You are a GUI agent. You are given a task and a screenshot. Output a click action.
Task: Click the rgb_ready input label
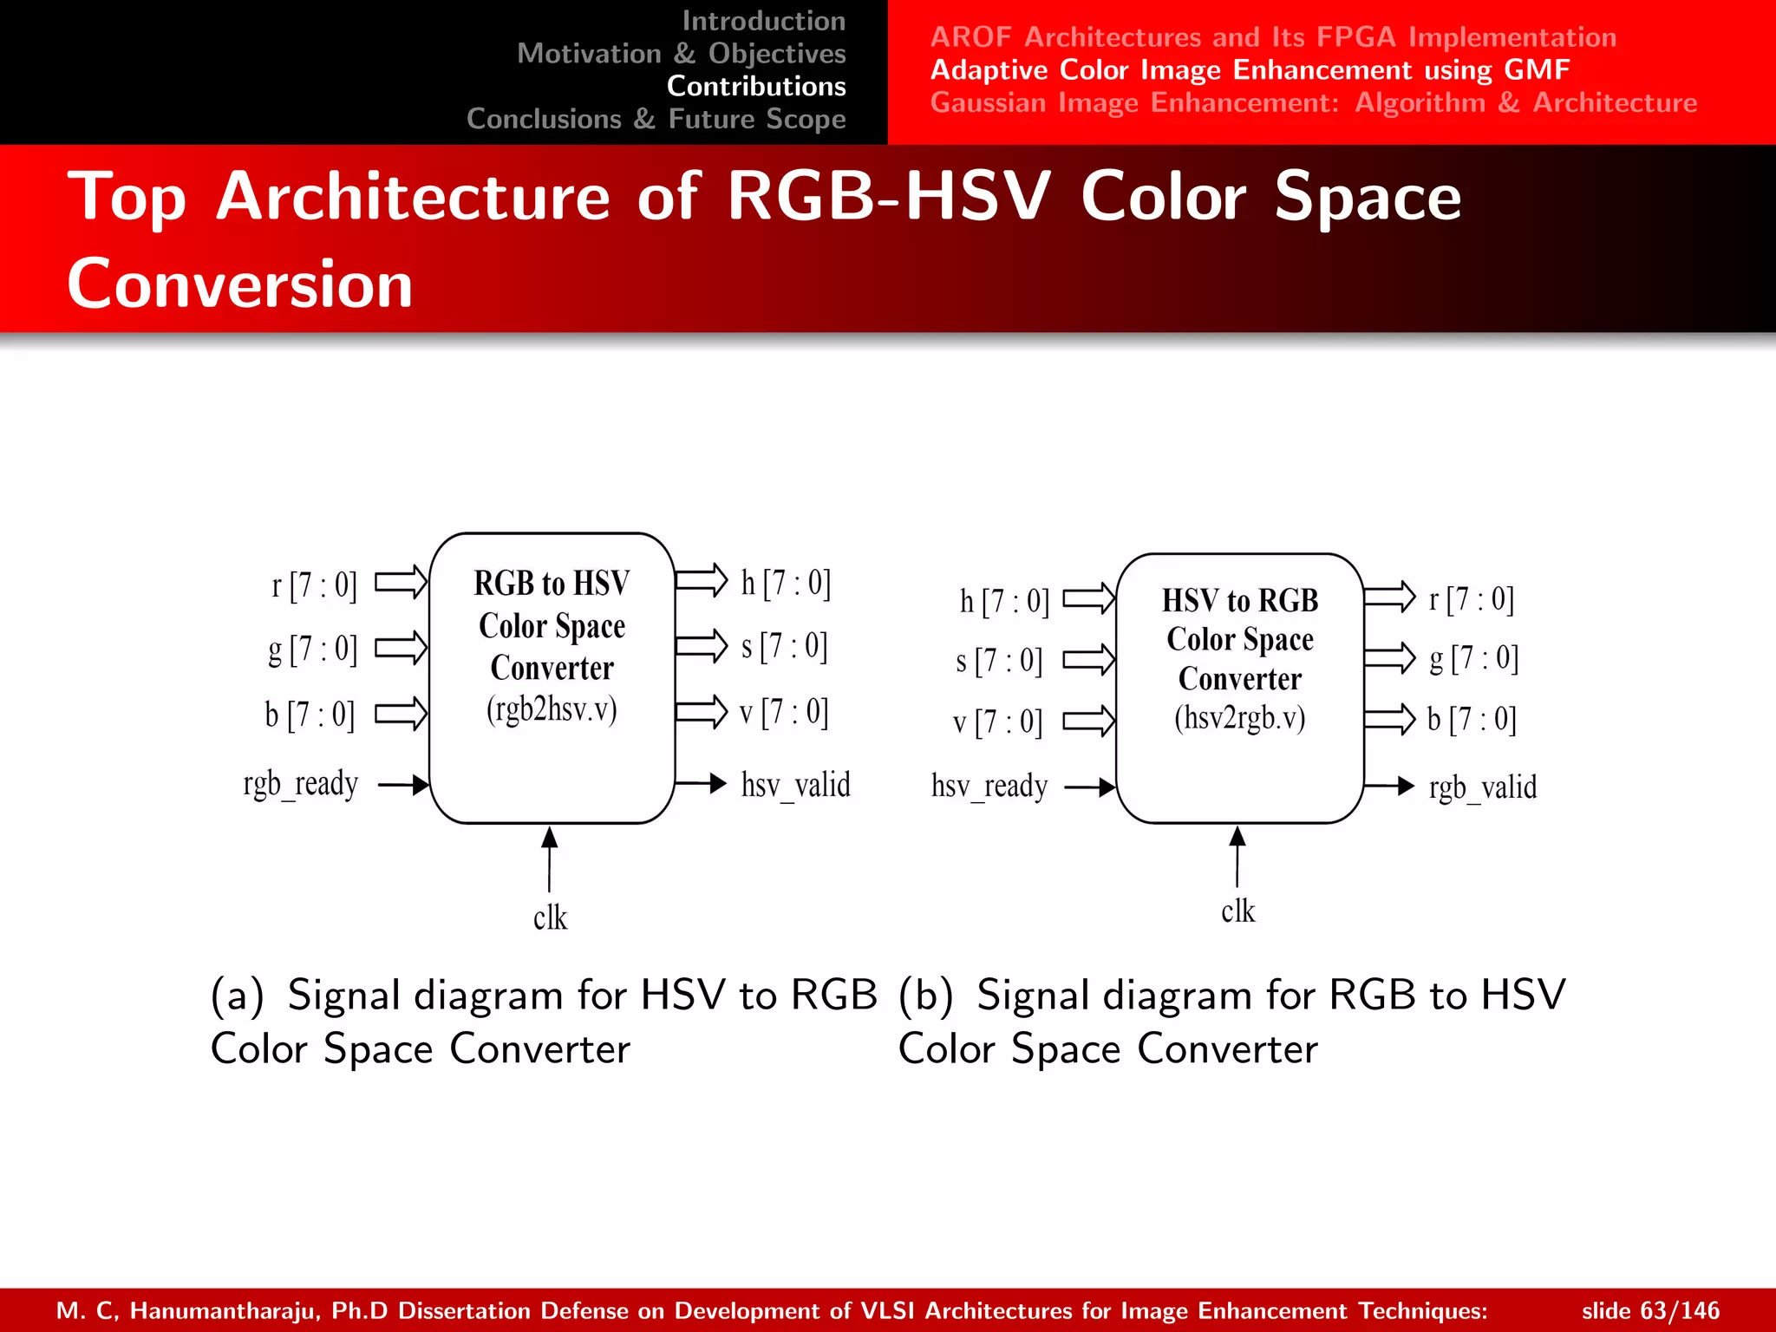tap(300, 785)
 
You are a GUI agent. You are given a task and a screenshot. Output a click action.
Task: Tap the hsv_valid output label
tap(795, 785)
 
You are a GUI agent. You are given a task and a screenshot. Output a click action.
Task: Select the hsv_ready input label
tap(989, 787)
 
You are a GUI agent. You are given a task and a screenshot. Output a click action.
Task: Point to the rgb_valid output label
tap(1482, 787)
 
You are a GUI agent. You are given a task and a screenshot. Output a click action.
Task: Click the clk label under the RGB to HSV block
tap(550, 917)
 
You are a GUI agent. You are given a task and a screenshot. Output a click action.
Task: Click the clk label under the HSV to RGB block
tap(1237, 911)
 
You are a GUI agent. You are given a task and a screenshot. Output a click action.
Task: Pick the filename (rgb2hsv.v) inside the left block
tap(552, 709)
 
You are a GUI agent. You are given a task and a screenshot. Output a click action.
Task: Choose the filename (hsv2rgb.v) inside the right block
tap(1239, 718)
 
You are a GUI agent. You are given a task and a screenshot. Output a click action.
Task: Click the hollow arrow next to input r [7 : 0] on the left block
tap(401, 583)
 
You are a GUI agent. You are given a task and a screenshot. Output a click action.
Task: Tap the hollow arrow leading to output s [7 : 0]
tap(701, 646)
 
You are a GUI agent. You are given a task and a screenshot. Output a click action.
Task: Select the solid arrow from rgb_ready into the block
tap(403, 785)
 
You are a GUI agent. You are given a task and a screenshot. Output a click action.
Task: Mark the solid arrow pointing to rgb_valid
tap(1389, 787)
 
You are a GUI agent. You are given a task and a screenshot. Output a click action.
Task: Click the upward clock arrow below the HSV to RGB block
tap(1237, 857)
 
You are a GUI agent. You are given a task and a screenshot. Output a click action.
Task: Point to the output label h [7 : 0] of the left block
tap(786, 583)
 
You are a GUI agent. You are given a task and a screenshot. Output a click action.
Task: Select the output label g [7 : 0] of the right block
tap(1473, 658)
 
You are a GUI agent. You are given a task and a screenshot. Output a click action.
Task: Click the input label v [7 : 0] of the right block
tap(997, 721)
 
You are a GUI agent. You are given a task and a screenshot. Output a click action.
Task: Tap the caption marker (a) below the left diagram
tap(237, 996)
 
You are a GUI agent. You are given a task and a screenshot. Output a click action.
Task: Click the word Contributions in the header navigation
tap(756, 86)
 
